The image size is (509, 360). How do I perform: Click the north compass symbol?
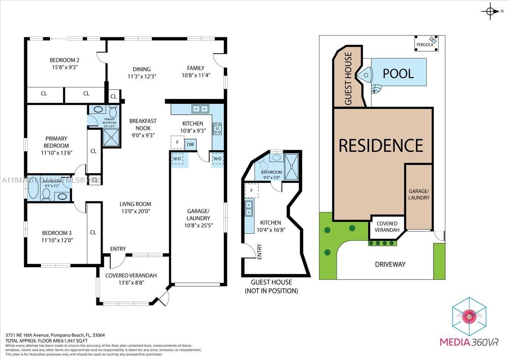491,11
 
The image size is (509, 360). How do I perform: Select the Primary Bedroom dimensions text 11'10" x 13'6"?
56,153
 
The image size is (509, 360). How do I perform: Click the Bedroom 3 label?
56,233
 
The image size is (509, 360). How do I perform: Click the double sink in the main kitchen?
200,109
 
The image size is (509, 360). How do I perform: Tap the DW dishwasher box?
190,144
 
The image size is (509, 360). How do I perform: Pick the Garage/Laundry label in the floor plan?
198,214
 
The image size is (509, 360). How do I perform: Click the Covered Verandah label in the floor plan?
131,276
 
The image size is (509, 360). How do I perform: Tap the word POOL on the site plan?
398,73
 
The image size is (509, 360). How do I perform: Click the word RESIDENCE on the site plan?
380,145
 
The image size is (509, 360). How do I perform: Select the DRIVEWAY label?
390,264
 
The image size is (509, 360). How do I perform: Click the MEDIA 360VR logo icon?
469,317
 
